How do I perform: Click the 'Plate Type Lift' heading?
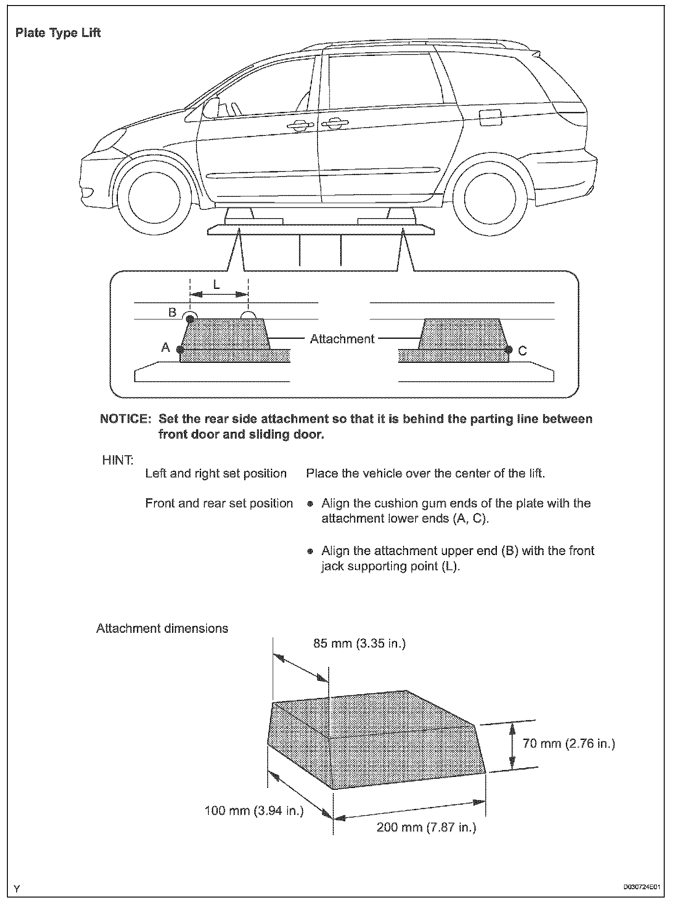pyautogui.click(x=58, y=33)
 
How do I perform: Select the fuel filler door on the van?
pyautogui.click(x=490, y=117)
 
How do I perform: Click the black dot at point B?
pyautogui.click(x=190, y=319)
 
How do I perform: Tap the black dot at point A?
pyautogui.click(x=180, y=349)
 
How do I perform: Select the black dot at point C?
pyautogui.click(x=509, y=349)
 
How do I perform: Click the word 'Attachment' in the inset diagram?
pyautogui.click(x=342, y=339)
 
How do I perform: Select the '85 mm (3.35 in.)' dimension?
pyautogui.click(x=359, y=643)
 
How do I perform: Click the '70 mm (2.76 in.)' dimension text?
pyautogui.click(x=569, y=744)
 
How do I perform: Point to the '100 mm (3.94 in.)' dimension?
pyautogui.click(x=254, y=810)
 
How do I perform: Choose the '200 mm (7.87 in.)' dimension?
pyautogui.click(x=426, y=827)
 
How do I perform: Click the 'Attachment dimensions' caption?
pyautogui.click(x=162, y=629)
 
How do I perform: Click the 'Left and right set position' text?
pyautogui.click(x=216, y=474)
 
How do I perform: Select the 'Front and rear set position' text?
pyautogui.click(x=219, y=503)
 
